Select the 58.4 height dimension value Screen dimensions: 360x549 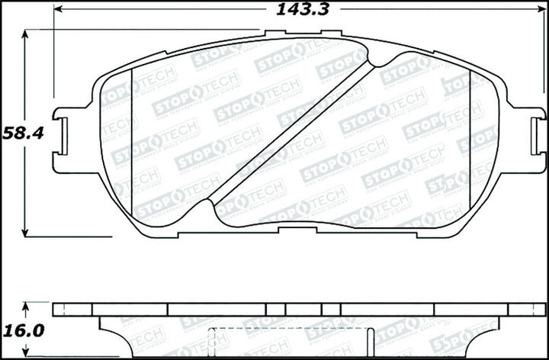coord(22,132)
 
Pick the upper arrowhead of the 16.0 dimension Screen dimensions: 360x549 coord(26,307)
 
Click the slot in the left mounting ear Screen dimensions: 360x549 coord(64,137)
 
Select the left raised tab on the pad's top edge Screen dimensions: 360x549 coord(274,34)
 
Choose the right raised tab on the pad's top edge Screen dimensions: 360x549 coord(331,34)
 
